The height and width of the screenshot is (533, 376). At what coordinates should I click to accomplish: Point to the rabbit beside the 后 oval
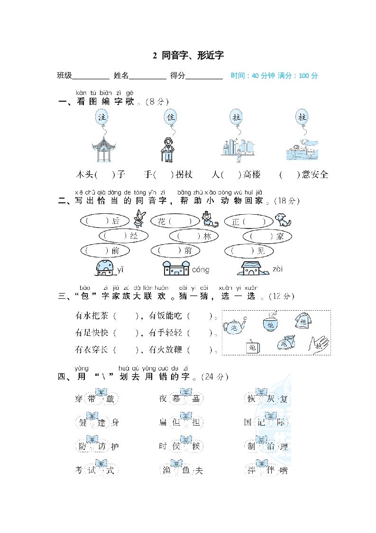coord(139,219)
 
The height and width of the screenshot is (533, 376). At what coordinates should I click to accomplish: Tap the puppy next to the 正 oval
coord(283,219)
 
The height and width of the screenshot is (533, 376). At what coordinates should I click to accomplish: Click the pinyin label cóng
coord(201,270)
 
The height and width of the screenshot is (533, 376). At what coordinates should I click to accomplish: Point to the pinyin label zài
coord(278,269)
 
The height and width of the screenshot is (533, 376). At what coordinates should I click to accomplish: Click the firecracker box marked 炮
coord(252,347)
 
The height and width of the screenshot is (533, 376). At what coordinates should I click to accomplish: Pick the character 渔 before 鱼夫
coord(165,471)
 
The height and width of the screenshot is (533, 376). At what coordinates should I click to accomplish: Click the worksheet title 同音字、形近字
coord(192,56)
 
